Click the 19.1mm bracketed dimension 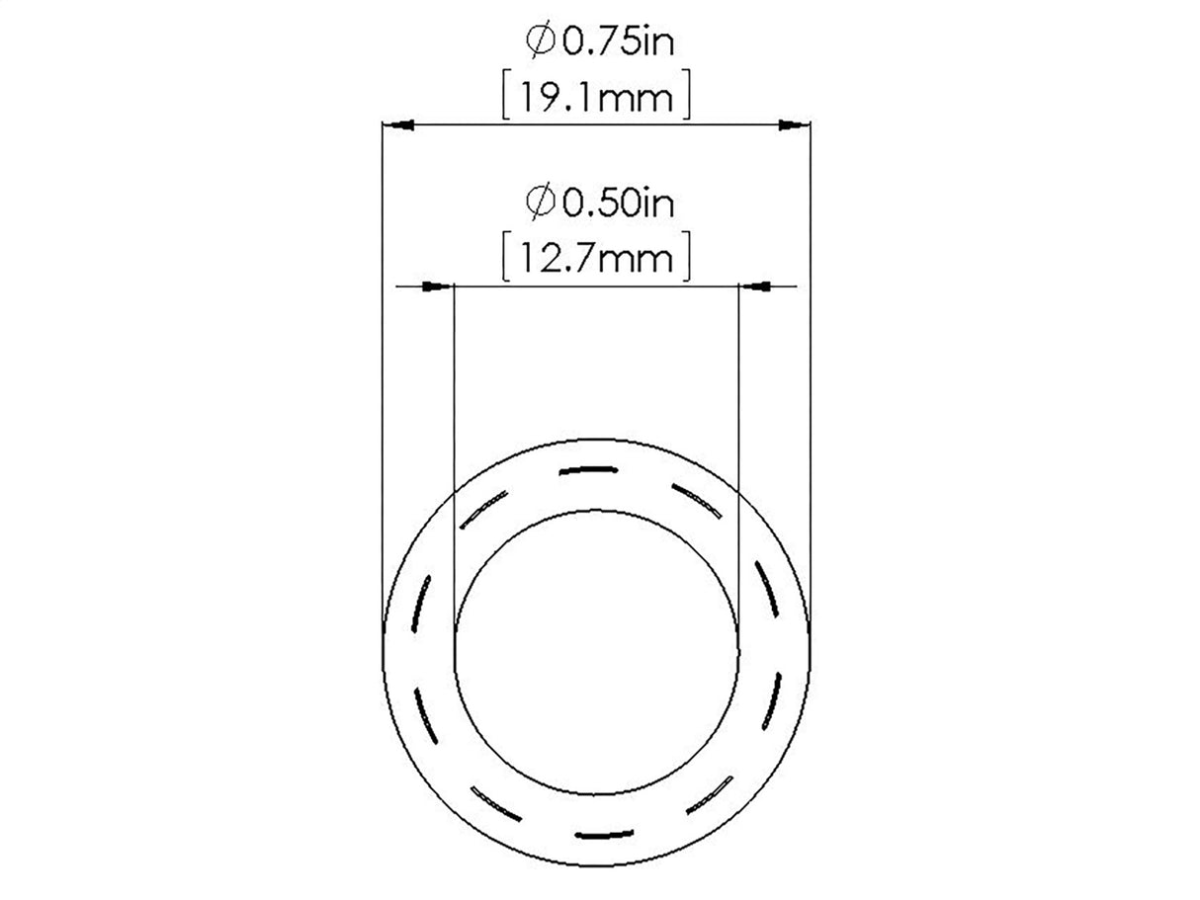click(595, 98)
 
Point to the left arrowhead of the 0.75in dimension click(397, 125)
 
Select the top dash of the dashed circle click(594, 469)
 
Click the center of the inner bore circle click(596, 652)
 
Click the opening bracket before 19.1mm click(506, 98)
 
